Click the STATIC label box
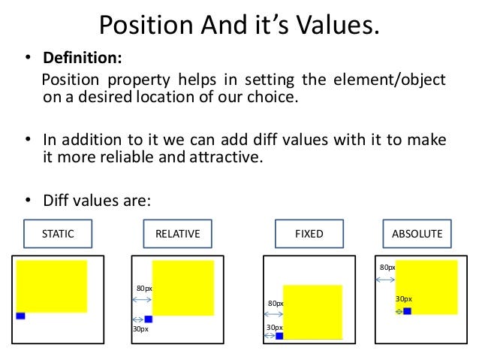pyautogui.click(x=58, y=234)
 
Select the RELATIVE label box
pyautogui.click(x=177, y=234)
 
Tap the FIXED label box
pyautogui.click(x=309, y=234)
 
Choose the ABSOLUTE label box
pyautogui.click(x=417, y=234)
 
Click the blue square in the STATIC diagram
pyautogui.click(x=20, y=316)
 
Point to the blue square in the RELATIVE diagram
pyautogui.click(x=149, y=319)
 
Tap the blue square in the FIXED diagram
pyautogui.click(x=279, y=336)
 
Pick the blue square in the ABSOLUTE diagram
pyautogui.click(x=407, y=311)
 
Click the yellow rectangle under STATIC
pyautogui.click(x=52, y=286)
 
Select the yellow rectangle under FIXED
pyautogui.click(x=313, y=313)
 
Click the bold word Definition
pyautogui.click(x=83, y=58)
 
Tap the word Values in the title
pyautogui.click(x=338, y=25)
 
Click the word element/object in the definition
pyautogui.click(x=390, y=80)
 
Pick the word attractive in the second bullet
pyautogui.click(x=226, y=157)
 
